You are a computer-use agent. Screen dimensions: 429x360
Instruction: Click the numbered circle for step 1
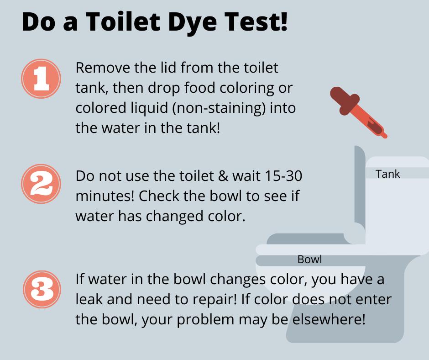[x=41, y=79]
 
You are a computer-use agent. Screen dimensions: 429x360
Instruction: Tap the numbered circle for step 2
[x=41, y=184]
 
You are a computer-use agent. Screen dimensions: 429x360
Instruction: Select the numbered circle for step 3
[x=42, y=289]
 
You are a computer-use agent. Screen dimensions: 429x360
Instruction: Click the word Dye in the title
[x=192, y=22]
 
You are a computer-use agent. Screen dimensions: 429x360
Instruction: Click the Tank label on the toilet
[x=387, y=174]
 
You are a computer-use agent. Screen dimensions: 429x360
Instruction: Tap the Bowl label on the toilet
[x=309, y=259]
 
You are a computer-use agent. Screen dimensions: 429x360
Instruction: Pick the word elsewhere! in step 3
[x=329, y=319]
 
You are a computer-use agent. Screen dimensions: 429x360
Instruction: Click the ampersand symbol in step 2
[x=223, y=176]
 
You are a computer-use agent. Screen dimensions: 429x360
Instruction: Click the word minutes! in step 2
[x=105, y=196]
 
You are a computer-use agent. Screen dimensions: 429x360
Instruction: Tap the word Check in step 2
[x=158, y=196]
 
